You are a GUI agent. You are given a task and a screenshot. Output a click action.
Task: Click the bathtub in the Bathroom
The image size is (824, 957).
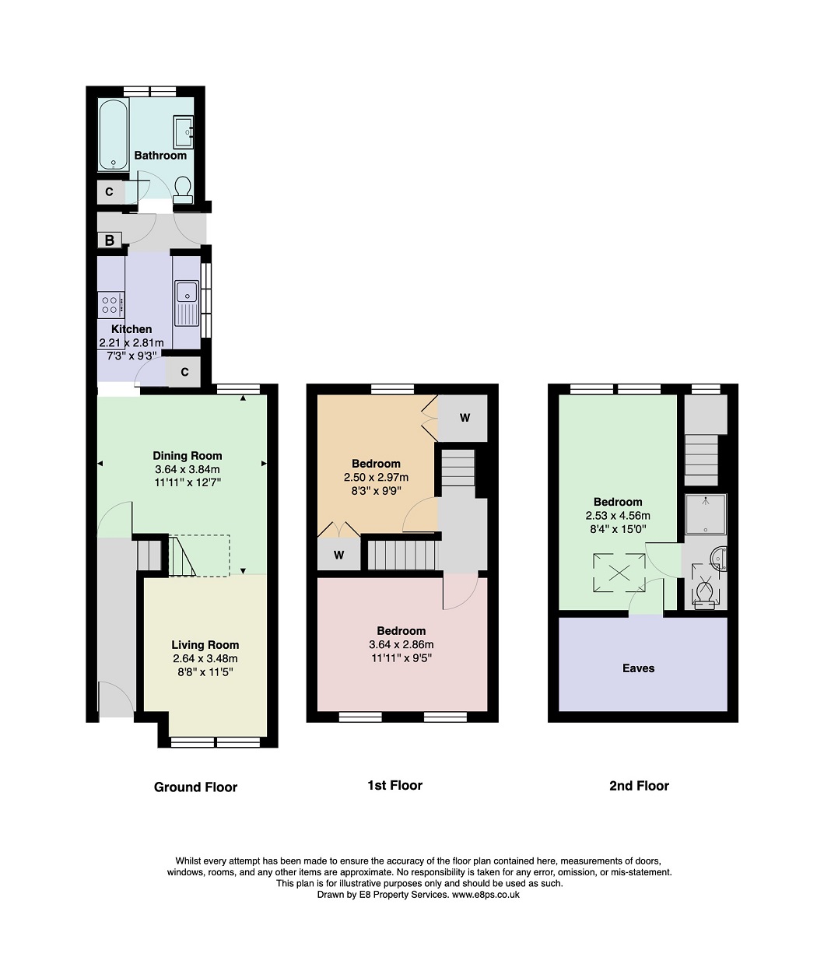113,135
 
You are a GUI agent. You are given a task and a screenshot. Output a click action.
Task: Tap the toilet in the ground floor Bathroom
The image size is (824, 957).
183,190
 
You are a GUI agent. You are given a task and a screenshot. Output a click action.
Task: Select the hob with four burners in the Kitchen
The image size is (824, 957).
110,305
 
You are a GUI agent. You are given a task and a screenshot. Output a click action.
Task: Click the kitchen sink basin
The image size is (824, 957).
187,293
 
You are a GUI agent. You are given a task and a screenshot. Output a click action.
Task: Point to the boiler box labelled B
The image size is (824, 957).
109,240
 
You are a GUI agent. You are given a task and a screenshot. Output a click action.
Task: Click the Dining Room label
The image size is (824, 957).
188,456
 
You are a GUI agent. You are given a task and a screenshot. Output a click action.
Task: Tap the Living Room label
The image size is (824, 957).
205,645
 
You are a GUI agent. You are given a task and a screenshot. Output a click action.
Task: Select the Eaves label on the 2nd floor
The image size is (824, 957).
638,668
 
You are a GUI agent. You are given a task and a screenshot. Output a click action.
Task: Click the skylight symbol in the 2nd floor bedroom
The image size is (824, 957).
619,573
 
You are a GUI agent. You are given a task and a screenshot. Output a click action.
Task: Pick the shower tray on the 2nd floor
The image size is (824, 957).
706,514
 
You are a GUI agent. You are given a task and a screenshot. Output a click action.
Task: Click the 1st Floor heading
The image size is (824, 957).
394,785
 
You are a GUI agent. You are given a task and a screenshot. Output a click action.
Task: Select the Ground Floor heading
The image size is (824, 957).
195,787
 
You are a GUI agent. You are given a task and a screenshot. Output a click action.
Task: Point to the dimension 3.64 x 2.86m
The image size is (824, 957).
401,644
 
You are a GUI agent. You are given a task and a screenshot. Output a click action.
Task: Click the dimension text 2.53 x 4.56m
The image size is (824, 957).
618,515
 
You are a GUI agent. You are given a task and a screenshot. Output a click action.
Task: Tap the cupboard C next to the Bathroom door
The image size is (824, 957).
110,191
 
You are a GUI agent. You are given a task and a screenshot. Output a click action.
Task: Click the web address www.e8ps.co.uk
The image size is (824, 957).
486,908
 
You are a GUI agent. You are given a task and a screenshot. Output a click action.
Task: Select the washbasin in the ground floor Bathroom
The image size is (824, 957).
184,132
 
